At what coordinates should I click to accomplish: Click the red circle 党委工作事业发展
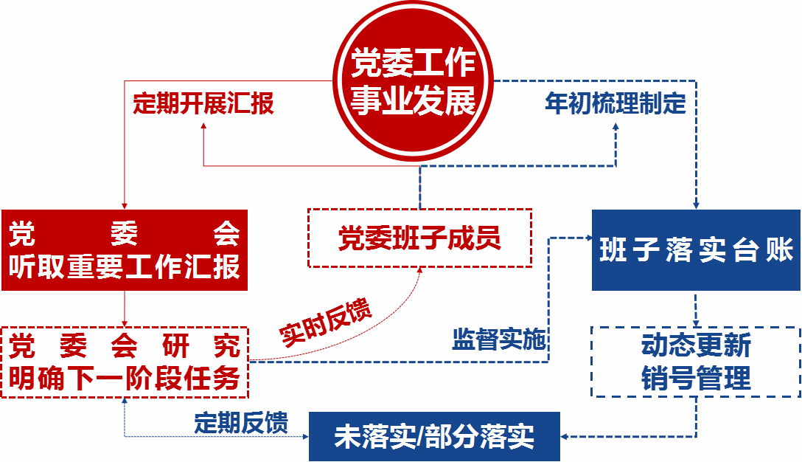413,80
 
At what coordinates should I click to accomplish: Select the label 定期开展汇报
203,103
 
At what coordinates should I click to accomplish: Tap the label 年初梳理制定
616,103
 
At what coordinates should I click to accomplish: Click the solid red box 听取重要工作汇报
125,250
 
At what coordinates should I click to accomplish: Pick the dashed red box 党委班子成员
419,238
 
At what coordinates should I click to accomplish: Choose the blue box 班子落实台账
696,250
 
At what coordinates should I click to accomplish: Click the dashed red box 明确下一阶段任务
125,362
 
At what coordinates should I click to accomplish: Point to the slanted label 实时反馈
326,323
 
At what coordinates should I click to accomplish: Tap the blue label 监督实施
498,339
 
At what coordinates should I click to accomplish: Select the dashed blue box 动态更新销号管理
696,362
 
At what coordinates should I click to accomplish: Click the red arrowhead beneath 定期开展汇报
203,126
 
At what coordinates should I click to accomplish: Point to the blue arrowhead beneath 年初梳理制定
616,126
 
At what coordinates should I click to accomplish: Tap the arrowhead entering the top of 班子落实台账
696,205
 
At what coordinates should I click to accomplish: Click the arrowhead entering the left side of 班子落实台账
588,238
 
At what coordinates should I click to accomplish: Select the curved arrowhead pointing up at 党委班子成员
421,271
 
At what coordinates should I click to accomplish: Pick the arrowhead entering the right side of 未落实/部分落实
565,436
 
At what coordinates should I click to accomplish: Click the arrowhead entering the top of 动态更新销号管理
696,323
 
